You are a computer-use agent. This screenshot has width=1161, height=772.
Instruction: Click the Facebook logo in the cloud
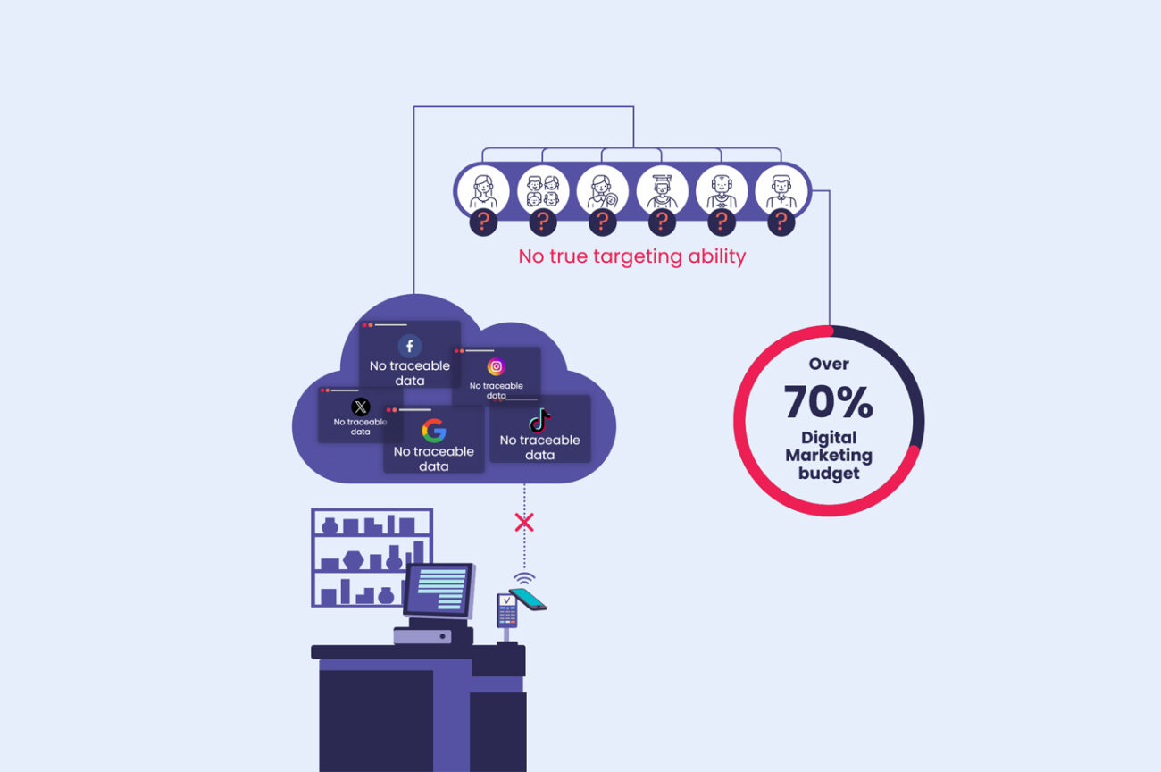(x=409, y=346)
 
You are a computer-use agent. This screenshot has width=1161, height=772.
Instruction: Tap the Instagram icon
(x=496, y=367)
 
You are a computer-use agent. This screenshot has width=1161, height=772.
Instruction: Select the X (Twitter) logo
(x=360, y=407)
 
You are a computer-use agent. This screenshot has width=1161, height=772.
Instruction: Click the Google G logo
(x=434, y=431)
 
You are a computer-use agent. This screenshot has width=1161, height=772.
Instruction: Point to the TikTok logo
(x=539, y=420)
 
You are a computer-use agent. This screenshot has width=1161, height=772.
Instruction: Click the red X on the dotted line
(x=524, y=522)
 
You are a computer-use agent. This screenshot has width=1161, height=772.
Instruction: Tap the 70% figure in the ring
(x=828, y=402)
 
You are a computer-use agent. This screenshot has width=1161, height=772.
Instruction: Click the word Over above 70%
(x=829, y=364)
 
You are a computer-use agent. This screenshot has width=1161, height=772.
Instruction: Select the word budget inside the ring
(x=829, y=474)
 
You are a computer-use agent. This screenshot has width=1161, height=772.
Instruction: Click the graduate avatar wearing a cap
(x=662, y=191)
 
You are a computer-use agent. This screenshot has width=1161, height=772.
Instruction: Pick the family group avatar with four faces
(x=543, y=191)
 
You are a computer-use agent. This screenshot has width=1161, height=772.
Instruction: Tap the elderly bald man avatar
(x=722, y=191)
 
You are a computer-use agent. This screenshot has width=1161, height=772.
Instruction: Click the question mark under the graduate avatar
(x=662, y=222)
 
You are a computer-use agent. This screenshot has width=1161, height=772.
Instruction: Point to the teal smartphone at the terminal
(x=528, y=599)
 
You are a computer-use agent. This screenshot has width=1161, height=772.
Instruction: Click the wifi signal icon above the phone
(x=524, y=577)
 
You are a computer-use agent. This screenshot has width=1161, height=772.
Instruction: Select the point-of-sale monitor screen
(x=439, y=590)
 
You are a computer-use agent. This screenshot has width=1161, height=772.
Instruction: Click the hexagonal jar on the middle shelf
(x=353, y=560)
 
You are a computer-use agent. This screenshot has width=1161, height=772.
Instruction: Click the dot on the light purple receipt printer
(x=442, y=636)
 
